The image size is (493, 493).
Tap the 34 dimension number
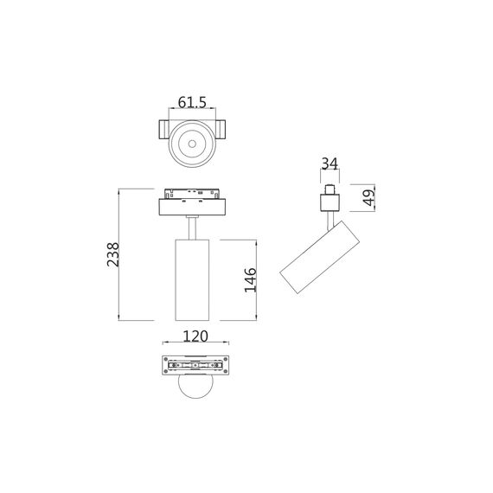330,164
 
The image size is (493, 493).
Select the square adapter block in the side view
330,203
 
